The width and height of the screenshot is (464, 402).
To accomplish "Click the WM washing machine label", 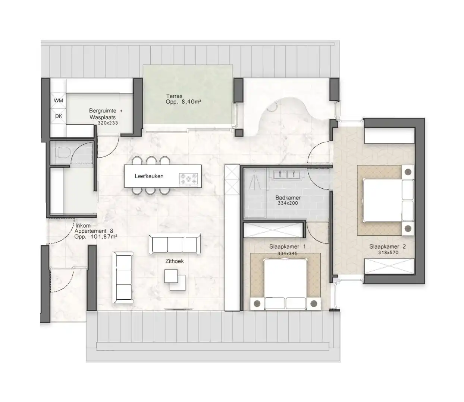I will pyautogui.click(x=59, y=100).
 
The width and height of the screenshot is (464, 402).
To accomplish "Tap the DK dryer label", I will pyautogui.click(x=59, y=116).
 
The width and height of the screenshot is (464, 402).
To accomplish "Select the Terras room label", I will pyautogui.click(x=174, y=96).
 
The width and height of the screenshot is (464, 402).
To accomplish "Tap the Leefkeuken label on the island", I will pyautogui.click(x=149, y=176).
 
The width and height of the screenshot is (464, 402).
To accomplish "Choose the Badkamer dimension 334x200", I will pyautogui.click(x=288, y=203).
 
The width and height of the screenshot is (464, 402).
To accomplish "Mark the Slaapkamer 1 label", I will pyautogui.click(x=287, y=246).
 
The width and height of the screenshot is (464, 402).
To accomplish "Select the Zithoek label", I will pyautogui.click(x=175, y=261).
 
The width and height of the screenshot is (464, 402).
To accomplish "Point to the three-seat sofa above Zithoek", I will pyautogui.click(x=175, y=244).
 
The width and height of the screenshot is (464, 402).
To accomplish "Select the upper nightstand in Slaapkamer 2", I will pyautogui.click(x=408, y=172).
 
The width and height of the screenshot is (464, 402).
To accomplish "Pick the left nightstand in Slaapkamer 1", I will pyautogui.click(x=257, y=304).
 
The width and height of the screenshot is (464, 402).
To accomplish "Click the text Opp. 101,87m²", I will pyautogui.click(x=96, y=236).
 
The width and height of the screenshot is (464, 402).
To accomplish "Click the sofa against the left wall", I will pyautogui.click(x=123, y=276).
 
